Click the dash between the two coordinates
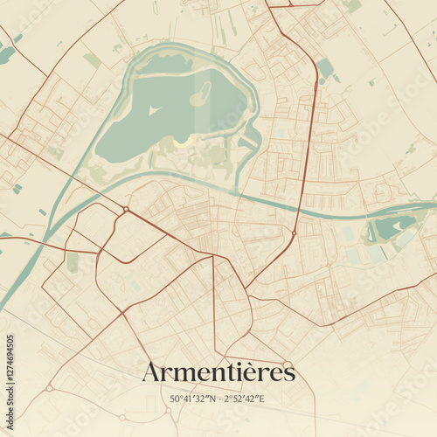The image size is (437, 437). (219, 399)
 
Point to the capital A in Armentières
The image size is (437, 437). (151, 372)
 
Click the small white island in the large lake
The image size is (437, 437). (154, 111)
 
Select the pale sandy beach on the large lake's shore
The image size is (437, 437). (182, 141)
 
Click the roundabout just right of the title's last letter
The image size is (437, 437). (287, 364)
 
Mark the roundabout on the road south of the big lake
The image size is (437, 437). (126, 210)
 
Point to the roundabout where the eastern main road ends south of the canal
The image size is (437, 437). (295, 233)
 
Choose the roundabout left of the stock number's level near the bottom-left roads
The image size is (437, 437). (50, 387)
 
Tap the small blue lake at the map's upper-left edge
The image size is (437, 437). (5, 54)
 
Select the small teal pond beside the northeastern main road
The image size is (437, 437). (325, 68)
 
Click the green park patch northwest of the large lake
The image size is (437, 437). (92, 60)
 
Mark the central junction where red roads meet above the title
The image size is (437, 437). (246, 288)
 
